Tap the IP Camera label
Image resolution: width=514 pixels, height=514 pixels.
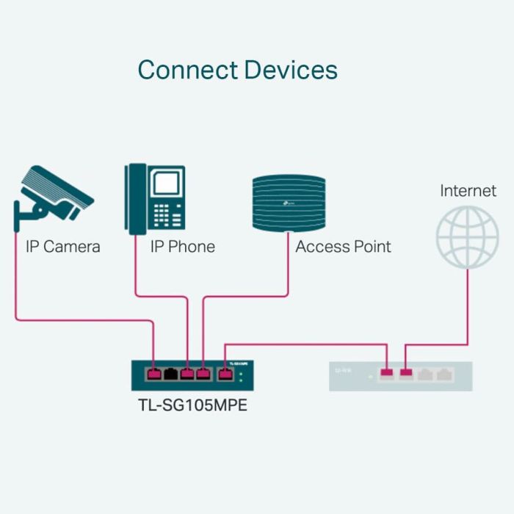pos(62,247)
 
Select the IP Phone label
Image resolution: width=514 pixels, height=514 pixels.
pos(182,247)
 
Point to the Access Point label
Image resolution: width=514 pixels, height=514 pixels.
pos(343,247)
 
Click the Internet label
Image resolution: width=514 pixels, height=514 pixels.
pos(468,191)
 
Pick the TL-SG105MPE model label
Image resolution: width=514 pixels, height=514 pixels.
pos(192,405)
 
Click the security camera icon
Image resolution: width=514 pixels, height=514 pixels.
pos(54,193)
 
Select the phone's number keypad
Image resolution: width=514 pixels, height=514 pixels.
pos(167,214)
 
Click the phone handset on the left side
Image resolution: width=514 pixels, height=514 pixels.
pos(135,199)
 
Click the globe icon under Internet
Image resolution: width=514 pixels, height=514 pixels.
pos(467,237)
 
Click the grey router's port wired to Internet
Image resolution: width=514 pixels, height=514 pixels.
pos(406,374)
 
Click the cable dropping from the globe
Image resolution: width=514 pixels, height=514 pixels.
pos(467,301)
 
